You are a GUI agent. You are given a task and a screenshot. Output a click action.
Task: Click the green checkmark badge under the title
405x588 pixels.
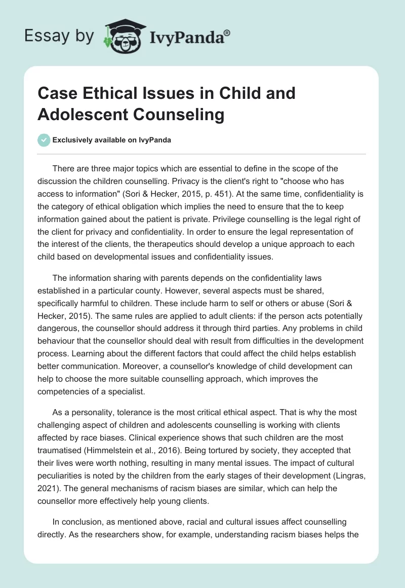click(44, 140)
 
